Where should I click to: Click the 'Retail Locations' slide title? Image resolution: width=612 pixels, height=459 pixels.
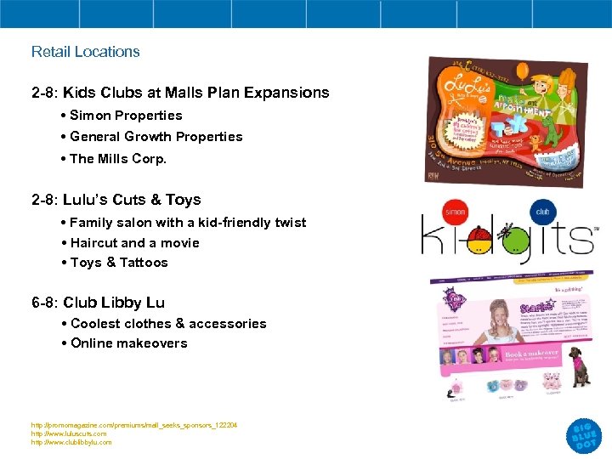[85, 52]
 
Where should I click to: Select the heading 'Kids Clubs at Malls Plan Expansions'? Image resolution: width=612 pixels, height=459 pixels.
[180, 93]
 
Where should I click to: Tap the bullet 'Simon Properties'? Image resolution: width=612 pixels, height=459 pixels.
[126, 116]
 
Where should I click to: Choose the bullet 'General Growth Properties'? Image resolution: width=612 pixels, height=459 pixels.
[156, 137]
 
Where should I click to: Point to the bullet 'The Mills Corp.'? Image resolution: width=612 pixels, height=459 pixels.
[118, 159]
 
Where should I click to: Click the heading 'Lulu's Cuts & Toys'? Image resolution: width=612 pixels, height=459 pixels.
[116, 200]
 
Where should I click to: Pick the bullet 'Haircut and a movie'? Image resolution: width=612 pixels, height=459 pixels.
[134, 243]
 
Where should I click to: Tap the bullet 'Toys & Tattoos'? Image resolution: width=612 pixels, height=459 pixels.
[119, 263]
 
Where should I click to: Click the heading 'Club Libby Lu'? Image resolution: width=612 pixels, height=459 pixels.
[98, 303]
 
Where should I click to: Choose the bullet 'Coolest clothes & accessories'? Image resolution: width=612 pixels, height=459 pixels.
[168, 324]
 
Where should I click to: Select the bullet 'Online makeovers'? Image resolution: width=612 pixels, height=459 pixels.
[128, 343]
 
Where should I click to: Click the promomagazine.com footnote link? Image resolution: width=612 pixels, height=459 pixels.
[134, 425]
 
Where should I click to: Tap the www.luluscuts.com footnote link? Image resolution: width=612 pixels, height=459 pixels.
[69, 433]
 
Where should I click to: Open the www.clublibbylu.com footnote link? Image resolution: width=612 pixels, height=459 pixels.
[71, 442]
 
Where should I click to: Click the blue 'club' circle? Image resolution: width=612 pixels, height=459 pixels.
[543, 212]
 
